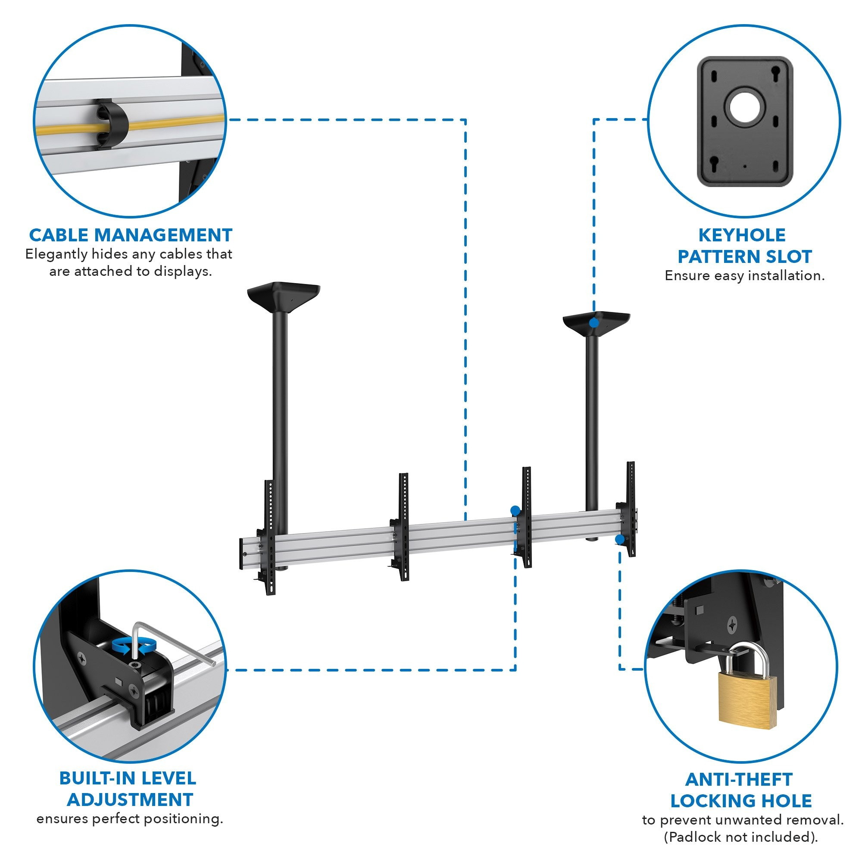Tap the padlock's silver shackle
[746, 659]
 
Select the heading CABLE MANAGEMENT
[131, 235]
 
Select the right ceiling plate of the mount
[596, 320]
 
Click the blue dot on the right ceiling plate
[593, 322]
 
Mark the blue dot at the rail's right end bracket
[620, 540]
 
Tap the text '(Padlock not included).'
[740, 837]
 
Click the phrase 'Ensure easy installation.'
[745, 275]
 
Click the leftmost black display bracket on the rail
[269, 537]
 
